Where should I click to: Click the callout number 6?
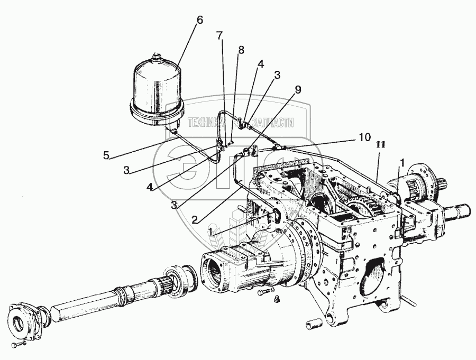199,20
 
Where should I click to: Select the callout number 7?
219,35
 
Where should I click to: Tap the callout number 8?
241,50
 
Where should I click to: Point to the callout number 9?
298,89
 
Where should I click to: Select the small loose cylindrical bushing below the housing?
312,322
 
